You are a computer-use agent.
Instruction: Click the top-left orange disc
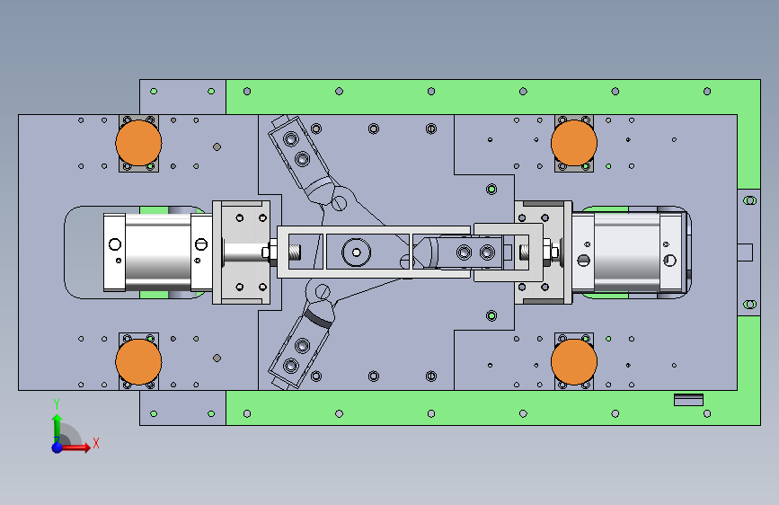point(138,143)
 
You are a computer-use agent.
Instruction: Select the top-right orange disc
point(574,143)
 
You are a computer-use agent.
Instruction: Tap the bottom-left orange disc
point(138,361)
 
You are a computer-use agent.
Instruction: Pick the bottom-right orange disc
point(574,361)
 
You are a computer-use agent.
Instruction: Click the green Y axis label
point(57,404)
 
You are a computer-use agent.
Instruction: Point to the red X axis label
point(96,443)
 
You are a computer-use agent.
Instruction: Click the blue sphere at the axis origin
point(58,447)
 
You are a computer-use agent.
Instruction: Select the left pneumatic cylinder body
point(158,252)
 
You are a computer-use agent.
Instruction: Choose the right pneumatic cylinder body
point(627,252)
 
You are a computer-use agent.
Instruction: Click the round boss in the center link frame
point(356,252)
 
